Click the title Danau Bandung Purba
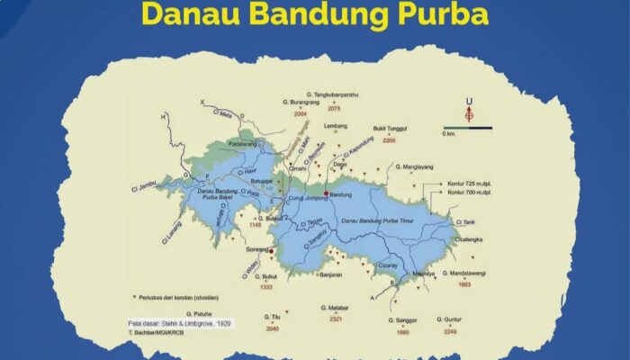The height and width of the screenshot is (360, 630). point(314,16)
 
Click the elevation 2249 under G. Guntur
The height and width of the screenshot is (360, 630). point(450,331)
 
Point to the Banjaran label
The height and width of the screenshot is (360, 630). point(333,275)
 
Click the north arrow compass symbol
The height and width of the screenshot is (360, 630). point(467,112)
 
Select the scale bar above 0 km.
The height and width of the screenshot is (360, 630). point(467,127)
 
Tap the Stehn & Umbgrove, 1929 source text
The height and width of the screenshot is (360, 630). point(183,321)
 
